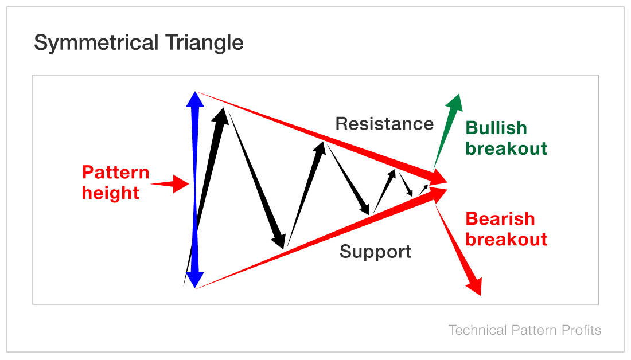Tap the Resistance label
384,124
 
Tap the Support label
375,252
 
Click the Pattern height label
115,182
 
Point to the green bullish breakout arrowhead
454,103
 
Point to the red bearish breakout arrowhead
474,285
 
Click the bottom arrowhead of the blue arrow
196,279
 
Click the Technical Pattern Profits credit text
524,330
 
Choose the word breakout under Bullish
506,149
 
